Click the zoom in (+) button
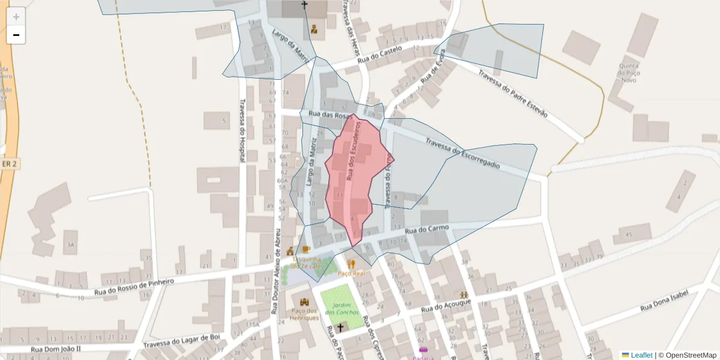pyautogui.click(x=16, y=17)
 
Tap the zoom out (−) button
pyautogui.click(x=16, y=35)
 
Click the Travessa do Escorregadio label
pyautogui.click(x=463, y=154)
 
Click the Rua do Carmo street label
pyautogui.click(x=427, y=229)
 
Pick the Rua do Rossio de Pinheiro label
pyautogui.click(x=134, y=287)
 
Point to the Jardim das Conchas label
pyautogui.click(x=342, y=308)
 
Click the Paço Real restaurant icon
pyautogui.click(x=352, y=263)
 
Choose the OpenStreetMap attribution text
pyautogui.click(x=687, y=355)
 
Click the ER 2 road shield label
pyautogui.click(x=8, y=164)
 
